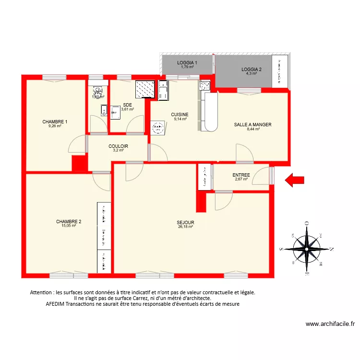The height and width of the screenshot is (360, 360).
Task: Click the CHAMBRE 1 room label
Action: point(55,122)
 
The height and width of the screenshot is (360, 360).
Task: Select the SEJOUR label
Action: point(185,223)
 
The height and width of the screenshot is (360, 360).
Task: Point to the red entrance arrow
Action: point(295,180)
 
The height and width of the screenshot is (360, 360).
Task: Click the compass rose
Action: point(306,249)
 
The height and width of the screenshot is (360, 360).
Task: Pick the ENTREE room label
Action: point(241,175)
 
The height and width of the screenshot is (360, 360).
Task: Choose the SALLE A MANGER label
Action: point(252,125)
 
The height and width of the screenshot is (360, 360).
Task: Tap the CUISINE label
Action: point(180,115)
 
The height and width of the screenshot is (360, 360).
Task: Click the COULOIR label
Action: point(118,146)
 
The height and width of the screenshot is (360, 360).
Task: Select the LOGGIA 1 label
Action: point(187,63)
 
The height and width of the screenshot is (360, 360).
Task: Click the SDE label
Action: point(127,105)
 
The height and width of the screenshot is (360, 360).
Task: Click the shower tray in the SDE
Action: point(144,89)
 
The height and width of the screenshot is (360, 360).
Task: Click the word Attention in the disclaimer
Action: point(43,292)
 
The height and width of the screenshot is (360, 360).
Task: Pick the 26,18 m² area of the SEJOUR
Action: point(185,227)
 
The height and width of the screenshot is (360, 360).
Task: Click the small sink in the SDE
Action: point(115,111)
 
